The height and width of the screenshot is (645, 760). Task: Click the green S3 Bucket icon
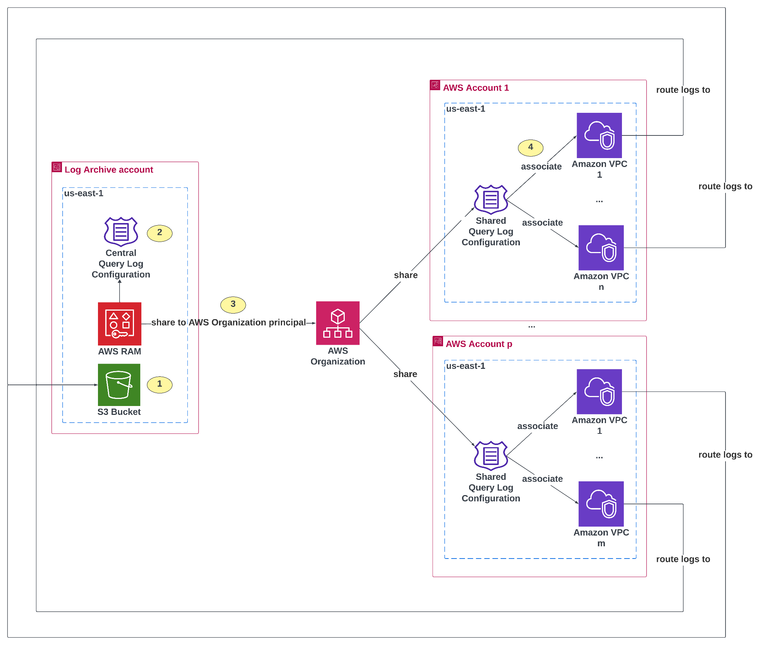click(119, 384)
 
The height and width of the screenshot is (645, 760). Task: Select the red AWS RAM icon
click(119, 324)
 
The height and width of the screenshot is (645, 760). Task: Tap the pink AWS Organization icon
click(337, 323)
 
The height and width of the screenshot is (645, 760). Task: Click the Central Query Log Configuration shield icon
click(121, 232)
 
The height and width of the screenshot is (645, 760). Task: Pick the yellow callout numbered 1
click(160, 384)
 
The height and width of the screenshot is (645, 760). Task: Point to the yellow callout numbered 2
click(160, 233)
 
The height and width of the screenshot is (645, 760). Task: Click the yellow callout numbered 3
click(233, 304)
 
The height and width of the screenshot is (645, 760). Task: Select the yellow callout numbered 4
click(530, 147)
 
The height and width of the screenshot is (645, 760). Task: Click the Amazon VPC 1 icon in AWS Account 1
click(599, 135)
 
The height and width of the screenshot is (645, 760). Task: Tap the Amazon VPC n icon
click(601, 248)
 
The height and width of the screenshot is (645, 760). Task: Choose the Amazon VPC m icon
click(601, 504)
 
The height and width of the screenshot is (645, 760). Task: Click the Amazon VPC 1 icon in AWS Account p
click(599, 391)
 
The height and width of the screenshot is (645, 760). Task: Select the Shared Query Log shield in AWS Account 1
click(491, 200)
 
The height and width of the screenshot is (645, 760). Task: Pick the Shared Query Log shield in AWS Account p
click(491, 456)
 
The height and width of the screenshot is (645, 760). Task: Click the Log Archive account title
click(109, 170)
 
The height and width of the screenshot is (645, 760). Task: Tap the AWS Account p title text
click(479, 344)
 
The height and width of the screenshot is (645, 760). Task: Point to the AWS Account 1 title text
click(476, 88)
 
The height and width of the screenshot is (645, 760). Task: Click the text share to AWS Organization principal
click(228, 322)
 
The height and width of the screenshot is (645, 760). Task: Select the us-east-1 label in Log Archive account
click(83, 193)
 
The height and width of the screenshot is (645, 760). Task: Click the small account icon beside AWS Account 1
click(435, 85)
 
